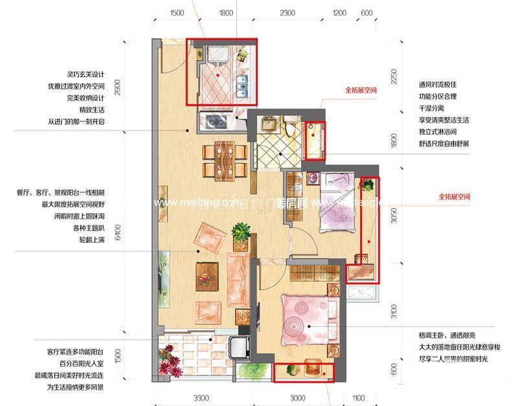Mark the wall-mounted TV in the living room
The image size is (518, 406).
point(160,273)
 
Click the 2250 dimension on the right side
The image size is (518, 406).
point(392,77)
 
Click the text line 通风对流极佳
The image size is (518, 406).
point(438,84)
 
